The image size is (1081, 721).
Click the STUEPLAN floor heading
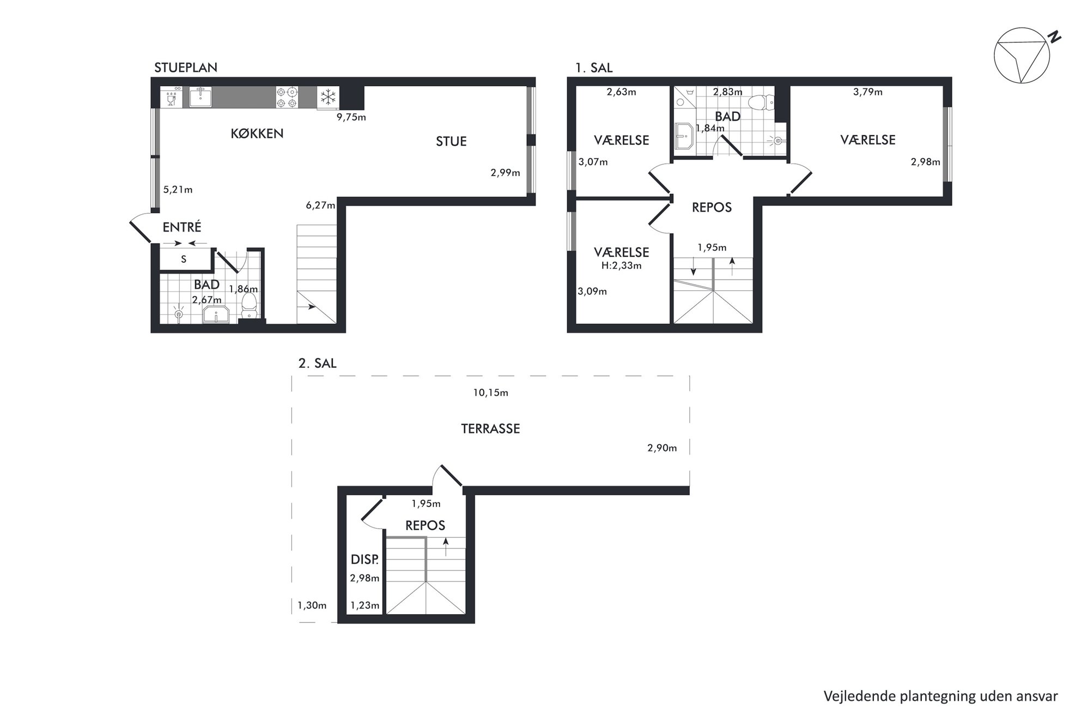(x=186, y=68)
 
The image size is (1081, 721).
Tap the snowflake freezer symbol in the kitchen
(x=328, y=98)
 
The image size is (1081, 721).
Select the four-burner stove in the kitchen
(x=287, y=98)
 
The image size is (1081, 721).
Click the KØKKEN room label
(x=257, y=134)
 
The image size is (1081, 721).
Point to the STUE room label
(x=451, y=142)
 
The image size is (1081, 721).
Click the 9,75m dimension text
(x=351, y=117)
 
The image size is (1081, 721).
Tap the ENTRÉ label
(x=182, y=227)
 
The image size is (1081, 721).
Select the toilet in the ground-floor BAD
(x=249, y=307)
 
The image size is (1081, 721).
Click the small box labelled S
(x=184, y=259)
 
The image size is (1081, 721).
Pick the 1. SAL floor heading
(x=594, y=68)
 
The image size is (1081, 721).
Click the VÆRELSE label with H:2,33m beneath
(x=622, y=252)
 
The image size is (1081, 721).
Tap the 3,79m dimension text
(x=868, y=92)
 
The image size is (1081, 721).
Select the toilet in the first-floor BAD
(x=761, y=102)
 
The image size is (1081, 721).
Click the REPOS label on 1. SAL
(x=712, y=207)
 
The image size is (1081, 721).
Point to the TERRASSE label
(x=490, y=429)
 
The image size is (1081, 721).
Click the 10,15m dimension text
(x=490, y=393)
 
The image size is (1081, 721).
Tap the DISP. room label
(x=365, y=559)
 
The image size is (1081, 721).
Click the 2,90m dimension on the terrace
(x=662, y=448)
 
